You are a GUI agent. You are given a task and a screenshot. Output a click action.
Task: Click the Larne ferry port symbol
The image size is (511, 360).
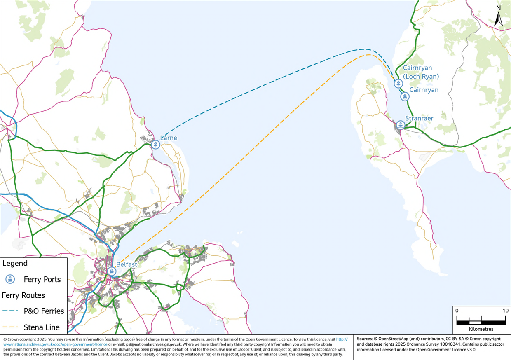155,145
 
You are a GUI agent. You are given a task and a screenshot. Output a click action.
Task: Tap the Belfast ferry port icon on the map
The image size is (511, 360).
112,271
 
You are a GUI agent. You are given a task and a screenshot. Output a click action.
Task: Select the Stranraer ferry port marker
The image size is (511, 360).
400,125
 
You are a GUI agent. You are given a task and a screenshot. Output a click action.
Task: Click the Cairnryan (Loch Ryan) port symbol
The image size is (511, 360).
398,84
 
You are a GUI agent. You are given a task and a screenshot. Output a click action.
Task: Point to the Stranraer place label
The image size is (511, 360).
419,118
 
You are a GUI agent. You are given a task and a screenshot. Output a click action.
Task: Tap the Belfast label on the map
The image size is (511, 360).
127,264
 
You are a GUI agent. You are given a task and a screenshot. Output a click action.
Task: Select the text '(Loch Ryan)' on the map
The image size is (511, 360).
421,76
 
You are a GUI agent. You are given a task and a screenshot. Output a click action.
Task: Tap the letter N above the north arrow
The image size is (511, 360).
498,7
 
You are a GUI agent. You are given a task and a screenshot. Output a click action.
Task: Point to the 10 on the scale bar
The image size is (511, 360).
505,311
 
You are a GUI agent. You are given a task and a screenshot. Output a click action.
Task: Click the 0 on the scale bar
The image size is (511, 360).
457,311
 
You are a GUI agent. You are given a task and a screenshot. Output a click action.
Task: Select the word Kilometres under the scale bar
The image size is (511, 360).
481,329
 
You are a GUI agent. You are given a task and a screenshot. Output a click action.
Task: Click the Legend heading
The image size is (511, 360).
15,263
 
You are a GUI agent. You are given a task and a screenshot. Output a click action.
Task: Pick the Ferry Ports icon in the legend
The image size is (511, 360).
11,279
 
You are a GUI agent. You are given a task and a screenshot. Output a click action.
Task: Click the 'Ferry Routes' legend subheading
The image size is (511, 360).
23,295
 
